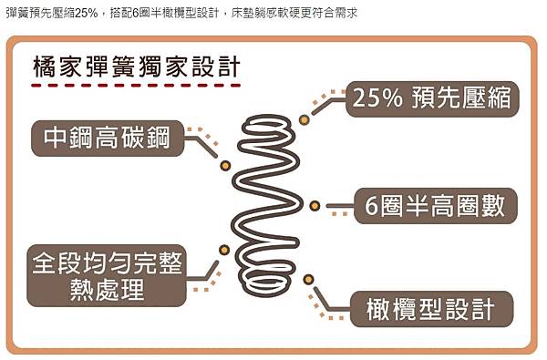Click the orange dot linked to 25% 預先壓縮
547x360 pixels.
304,118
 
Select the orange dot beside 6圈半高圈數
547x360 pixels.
315,205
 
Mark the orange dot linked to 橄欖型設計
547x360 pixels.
308,279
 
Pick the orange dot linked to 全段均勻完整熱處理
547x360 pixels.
223,249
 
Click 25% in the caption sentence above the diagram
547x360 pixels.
82,13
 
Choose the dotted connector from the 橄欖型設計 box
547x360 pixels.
328,305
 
